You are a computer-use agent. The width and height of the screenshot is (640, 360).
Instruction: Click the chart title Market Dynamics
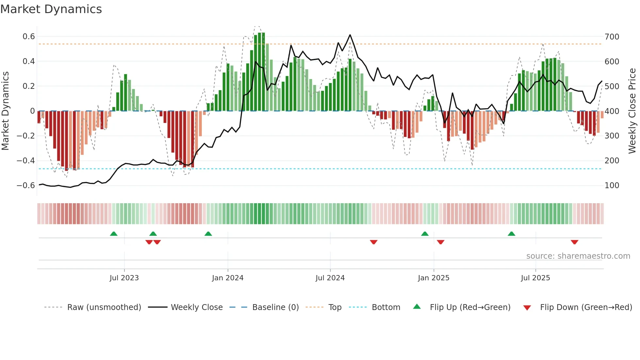click(x=51, y=9)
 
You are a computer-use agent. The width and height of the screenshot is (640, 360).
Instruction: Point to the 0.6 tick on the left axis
click(x=29, y=37)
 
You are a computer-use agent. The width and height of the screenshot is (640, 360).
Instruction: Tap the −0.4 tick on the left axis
click(x=26, y=160)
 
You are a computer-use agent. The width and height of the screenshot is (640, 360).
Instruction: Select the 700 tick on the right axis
click(x=612, y=37)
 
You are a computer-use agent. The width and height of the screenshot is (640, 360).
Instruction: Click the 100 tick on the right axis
click(x=612, y=186)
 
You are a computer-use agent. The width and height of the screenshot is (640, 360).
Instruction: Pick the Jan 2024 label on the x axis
click(x=228, y=278)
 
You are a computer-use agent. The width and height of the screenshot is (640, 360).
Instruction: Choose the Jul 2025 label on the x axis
click(x=535, y=278)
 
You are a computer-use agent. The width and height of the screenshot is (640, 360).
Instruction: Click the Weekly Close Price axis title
click(x=632, y=111)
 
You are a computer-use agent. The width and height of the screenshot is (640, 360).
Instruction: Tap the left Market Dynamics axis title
click(x=5, y=111)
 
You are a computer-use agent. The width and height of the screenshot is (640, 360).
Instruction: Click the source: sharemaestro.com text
click(x=578, y=256)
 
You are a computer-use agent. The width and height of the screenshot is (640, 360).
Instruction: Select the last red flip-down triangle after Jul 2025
click(x=574, y=242)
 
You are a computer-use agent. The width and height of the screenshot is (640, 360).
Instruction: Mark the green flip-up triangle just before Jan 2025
click(x=424, y=234)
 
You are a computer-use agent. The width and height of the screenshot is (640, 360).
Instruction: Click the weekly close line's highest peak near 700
click(x=350, y=35)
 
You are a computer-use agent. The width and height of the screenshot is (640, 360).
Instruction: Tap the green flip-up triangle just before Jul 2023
click(x=114, y=234)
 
